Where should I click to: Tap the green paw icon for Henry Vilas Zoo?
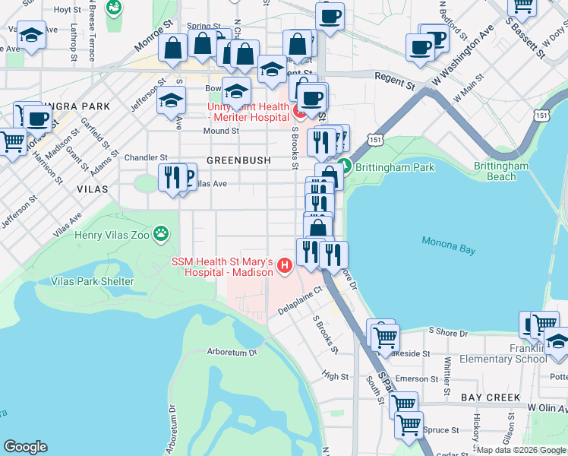pos(161,233)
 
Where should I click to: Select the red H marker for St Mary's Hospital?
pos(285,265)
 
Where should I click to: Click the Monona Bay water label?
pos(453,246)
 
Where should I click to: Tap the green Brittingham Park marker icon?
pos(344,164)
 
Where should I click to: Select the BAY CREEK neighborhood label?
pos(491,397)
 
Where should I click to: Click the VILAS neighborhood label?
pos(92,188)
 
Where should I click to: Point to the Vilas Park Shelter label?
pos(92,282)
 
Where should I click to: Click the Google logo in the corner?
pos(26,447)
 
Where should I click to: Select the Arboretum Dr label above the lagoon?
pos(232,353)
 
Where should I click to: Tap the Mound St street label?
pos(221,131)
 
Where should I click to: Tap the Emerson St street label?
pos(412,379)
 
